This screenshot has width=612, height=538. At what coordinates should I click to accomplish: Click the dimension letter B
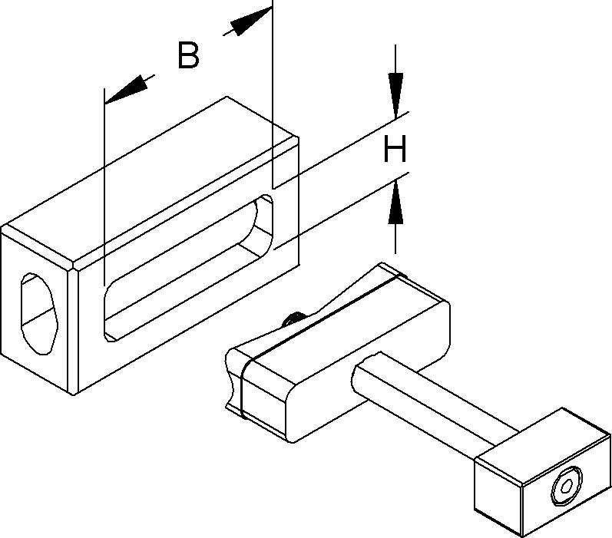[x=188, y=56]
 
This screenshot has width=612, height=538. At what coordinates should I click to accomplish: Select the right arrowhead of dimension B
[x=248, y=22]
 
